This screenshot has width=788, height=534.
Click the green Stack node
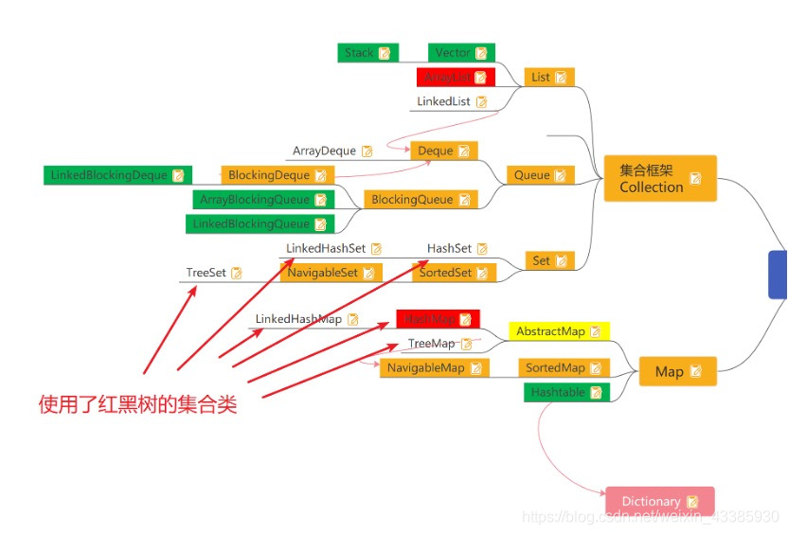tap(367, 53)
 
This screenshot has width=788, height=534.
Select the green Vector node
tap(461, 53)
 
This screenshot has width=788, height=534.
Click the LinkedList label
tap(452, 101)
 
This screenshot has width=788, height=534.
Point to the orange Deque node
tap(443, 151)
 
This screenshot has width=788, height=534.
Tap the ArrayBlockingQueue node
tap(262, 200)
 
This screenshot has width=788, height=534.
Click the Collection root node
tap(660, 178)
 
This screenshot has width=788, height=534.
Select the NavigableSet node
tap(331, 273)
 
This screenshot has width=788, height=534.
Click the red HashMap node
tap(439, 319)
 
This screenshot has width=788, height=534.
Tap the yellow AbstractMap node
tap(559, 331)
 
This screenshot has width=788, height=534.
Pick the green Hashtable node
tap(566, 392)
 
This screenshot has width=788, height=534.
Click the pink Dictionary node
tap(659, 501)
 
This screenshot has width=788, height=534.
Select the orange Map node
tap(677, 372)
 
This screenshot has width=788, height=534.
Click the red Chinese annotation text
tap(137, 405)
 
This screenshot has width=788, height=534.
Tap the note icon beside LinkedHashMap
tap(352, 320)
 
